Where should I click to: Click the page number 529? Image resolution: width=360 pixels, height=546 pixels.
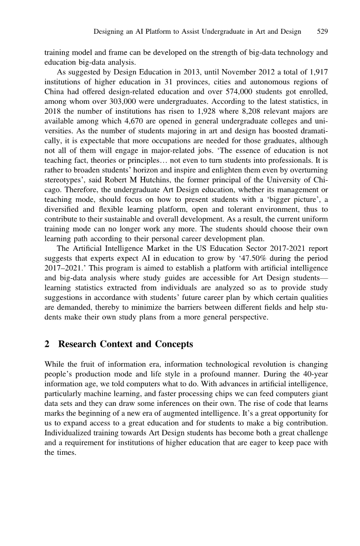point(323,32)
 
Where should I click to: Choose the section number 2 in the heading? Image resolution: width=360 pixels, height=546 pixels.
point(47,345)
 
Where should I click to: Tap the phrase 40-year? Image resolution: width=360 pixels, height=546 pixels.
point(314,374)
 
